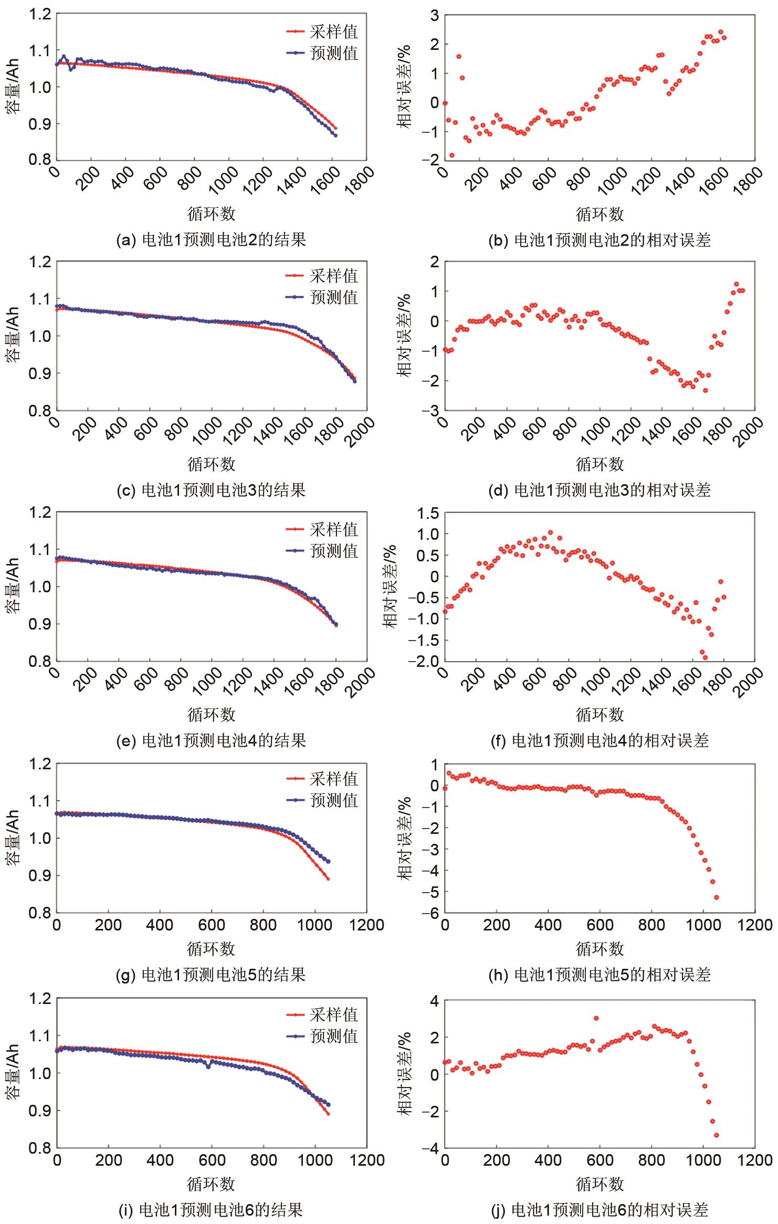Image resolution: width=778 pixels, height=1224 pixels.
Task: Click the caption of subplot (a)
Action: pyautogui.click(x=211, y=240)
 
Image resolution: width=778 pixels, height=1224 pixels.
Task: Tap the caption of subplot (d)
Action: pyautogui.click(x=600, y=490)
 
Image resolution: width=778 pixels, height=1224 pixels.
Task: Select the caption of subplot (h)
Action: pyautogui.click(x=600, y=975)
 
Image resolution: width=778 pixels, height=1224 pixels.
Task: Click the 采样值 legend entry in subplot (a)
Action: pyautogui.click(x=322, y=32)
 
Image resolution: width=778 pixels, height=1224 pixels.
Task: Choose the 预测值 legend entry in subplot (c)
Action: pyautogui.click(x=322, y=297)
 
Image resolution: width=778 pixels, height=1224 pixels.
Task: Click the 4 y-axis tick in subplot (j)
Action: pyautogui.click(x=434, y=1001)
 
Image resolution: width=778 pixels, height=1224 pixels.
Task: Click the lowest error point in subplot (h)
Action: pyautogui.click(x=716, y=897)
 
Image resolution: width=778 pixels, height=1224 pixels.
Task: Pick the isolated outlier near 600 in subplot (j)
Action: pyautogui.click(x=596, y=1018)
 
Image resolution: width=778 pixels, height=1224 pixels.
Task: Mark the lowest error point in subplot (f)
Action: pyautogui.click(x=705, y=657)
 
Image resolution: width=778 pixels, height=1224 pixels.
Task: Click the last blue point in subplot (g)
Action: pyautogui.click(x=328, y=861)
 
